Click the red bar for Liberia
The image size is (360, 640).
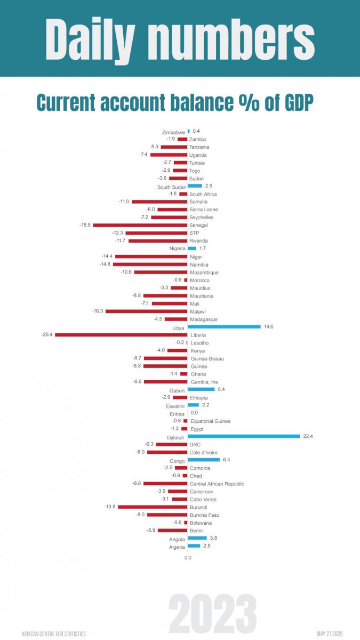pos(122,334)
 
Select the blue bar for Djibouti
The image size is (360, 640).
pos(244,436)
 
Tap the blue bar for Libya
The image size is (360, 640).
pos(224,326)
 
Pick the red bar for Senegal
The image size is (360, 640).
pos(140,225)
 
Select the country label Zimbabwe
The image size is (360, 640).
pos(173,132)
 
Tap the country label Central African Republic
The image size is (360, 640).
pos(217,484)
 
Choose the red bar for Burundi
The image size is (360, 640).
pos(153,507)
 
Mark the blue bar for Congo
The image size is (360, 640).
pos(204,459)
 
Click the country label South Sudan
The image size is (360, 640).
pos(171,187)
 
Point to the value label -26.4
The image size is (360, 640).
pos(47,335)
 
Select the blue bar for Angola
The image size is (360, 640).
pos(197,538)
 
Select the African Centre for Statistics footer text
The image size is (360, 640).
pos(53,634)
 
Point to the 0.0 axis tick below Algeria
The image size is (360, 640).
pos(188,557)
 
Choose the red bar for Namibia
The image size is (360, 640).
pos(150,265)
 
